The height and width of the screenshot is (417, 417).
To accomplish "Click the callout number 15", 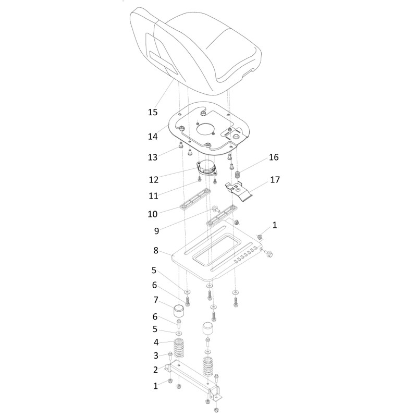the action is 153,112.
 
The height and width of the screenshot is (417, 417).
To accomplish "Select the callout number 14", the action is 153,137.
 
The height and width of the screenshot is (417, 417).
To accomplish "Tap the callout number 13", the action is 153,157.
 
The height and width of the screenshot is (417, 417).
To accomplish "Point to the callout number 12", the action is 154,179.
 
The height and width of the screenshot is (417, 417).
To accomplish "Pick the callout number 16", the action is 274,157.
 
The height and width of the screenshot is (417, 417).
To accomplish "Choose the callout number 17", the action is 275,180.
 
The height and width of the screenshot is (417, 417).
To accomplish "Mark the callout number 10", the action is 153,214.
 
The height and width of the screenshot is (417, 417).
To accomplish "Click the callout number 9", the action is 157,231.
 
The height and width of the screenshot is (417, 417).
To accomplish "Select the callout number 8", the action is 156,250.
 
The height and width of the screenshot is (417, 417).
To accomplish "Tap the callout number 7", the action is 156,300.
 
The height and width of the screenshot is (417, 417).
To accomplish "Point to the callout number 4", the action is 156,342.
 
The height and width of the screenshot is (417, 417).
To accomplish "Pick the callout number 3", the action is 156,355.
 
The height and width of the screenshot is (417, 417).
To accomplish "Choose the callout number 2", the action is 155,370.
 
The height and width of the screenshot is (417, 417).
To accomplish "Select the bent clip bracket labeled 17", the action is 238,191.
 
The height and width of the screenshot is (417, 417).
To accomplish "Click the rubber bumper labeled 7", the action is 179,311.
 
